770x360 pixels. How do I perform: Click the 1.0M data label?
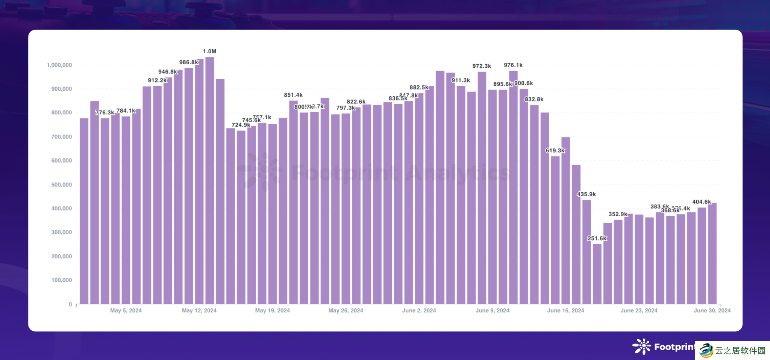(209, 52)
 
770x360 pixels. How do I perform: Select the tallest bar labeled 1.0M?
(209, 181)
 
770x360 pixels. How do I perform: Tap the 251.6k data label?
(597, 238)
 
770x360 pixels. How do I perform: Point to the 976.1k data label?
(513, 65)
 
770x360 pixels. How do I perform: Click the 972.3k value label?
(482, 66)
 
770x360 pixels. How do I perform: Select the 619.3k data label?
(555, 151)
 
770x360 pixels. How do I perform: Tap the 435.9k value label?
(587, 194)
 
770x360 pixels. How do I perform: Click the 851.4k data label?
(293, 95)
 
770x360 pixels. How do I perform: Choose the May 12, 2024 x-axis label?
(199, 311)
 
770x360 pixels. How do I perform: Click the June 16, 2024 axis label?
(565, 311)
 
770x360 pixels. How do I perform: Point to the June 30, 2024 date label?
(712, 311)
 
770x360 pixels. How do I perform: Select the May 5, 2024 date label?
(126, 311)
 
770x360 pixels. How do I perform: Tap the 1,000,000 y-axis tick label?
(59, 65)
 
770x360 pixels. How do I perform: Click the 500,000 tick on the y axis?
(62, 185)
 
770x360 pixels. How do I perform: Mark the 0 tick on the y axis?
(70, 304)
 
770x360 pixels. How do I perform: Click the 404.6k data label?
(702, 202)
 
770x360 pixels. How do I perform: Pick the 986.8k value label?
(189, 62)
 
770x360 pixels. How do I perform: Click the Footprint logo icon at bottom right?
(642, 346)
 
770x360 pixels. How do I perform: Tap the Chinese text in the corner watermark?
(740, 351)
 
